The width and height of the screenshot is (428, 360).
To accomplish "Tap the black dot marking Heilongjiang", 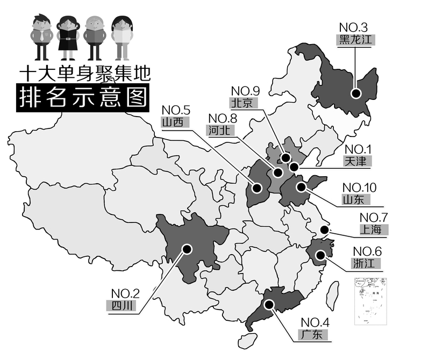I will tap(356, 93).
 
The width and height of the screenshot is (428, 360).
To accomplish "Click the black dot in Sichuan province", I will tap(187, 249).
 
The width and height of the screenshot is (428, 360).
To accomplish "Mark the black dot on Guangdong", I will tap(270, 304).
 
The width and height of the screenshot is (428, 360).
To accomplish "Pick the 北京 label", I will tap(244, 103).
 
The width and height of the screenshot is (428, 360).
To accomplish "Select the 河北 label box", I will tap(219, 130).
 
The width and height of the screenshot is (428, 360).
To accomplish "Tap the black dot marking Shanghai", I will tap(325, 231).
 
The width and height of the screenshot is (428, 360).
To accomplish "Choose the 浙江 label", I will tap(367, 263).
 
